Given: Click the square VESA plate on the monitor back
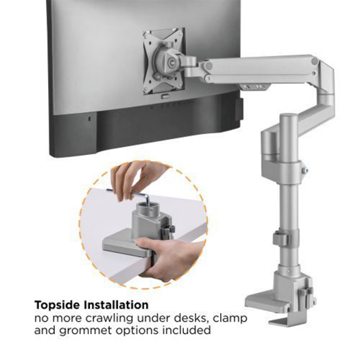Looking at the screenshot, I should (x=163, y=60).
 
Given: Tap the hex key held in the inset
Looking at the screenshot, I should (x=140, y=196).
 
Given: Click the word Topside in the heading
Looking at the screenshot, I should (x=61, y=304).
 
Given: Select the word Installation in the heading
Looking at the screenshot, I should (x=119, y=304).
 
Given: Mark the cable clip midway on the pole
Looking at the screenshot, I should (x=280, y=240).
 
